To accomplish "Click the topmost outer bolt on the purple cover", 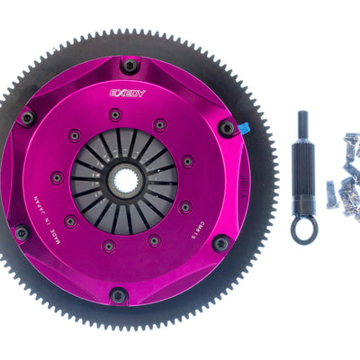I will pos(130,65).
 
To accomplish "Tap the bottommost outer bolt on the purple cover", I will pos(118,294).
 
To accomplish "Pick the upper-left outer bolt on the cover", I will pos(28,118).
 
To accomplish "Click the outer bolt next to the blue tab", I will pos(227,129).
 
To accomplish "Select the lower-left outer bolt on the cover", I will pos(22,233).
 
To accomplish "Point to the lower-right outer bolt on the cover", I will pos(220,242).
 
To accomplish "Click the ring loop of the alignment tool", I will pos(303,229).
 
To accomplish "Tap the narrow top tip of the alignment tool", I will pos(301,121).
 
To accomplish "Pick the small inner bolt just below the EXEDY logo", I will pos(115,114).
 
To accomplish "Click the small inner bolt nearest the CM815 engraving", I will pos(184,207).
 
